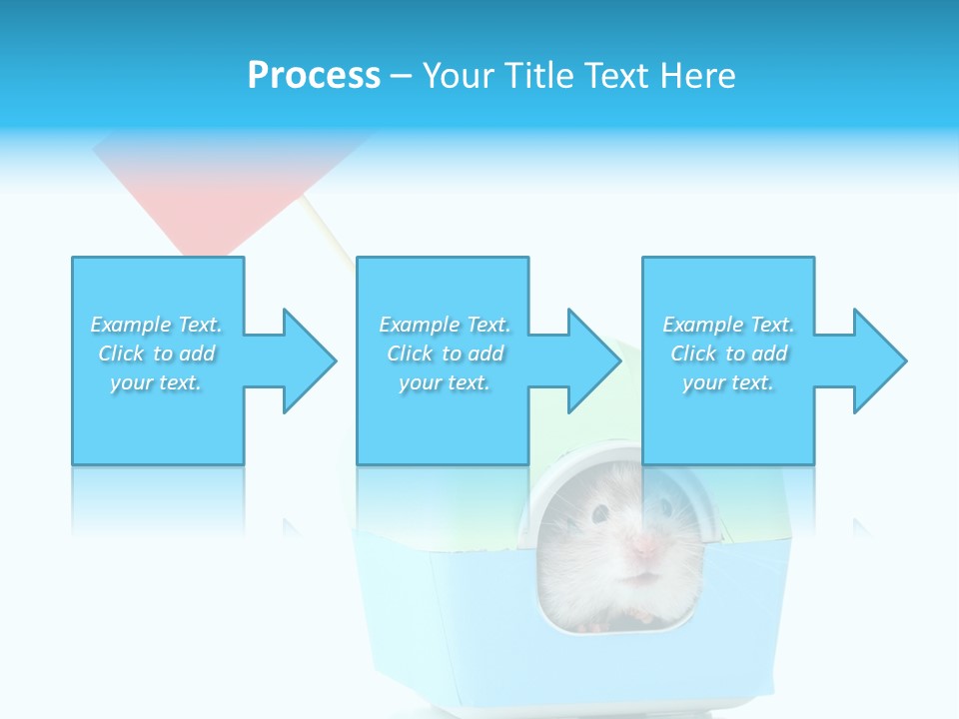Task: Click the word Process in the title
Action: pyautogui.click(x=314, y=76)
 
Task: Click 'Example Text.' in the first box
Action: pyautogui.click(x=156, y=325)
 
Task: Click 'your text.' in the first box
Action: pyautogui.click(x=156, y=382)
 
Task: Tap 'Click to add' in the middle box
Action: pyautogui.click(x=445, y=354)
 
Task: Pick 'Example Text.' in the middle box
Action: pyautogui.click(x=445, y=325)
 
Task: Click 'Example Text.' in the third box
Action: pyautogui.click(x=728, y=325)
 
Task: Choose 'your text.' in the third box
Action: pyautogui.click(x=728, y=382)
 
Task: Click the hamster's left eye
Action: pyautogui.click(x=600, y=513)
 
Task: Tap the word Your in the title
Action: pyautogui.click(x=459, y=76)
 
